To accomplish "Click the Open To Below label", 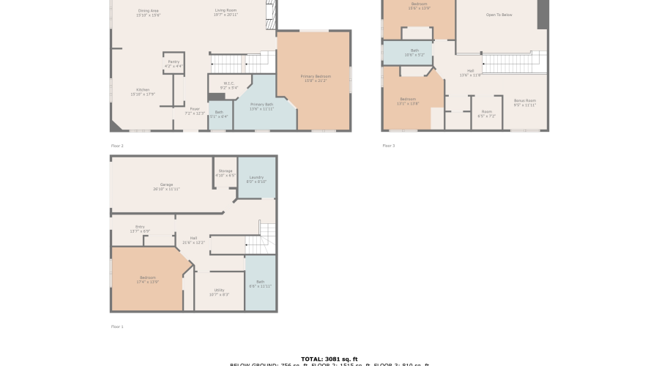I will [x=499, y=15].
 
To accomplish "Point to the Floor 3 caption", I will [x=388, y=146].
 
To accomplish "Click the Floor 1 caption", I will [x=117, y=326].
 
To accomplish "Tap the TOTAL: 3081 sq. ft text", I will [x=329, y=359].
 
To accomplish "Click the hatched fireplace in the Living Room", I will [x=270, y=13].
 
